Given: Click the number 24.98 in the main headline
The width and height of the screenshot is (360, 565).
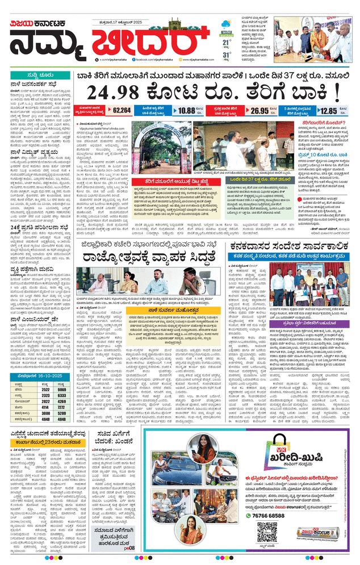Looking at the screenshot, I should (116, 91).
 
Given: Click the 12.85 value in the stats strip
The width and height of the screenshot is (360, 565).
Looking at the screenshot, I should (327, 111).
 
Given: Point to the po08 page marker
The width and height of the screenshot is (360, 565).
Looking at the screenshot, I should (130, 549).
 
